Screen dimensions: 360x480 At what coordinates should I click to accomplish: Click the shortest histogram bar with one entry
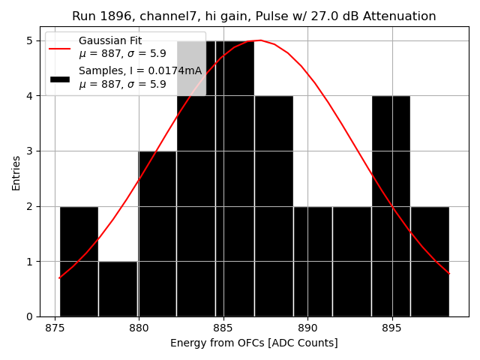(118, 289)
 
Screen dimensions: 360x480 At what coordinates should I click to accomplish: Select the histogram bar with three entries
(157, 234)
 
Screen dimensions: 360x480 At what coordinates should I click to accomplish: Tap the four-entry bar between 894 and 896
(391, 206)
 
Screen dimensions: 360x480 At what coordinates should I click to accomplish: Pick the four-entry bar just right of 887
(274, 206)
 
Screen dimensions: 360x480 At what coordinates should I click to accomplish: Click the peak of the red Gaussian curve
(260, 40)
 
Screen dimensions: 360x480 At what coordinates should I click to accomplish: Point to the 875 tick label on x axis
(55, 328)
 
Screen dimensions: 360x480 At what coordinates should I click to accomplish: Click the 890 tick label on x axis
(307, 328)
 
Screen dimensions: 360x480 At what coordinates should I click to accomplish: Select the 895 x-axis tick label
(392, 328)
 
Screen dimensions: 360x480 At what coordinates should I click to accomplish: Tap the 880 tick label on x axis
(139, 328)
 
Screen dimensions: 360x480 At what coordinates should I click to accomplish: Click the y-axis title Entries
(16, 172)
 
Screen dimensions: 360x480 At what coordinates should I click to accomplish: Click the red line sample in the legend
(60, 48)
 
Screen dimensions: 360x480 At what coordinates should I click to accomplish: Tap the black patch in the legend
(60, 78)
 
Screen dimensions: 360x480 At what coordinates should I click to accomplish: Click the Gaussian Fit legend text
(110, 40)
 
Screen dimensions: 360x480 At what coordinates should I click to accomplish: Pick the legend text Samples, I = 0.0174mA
(140, 71)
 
